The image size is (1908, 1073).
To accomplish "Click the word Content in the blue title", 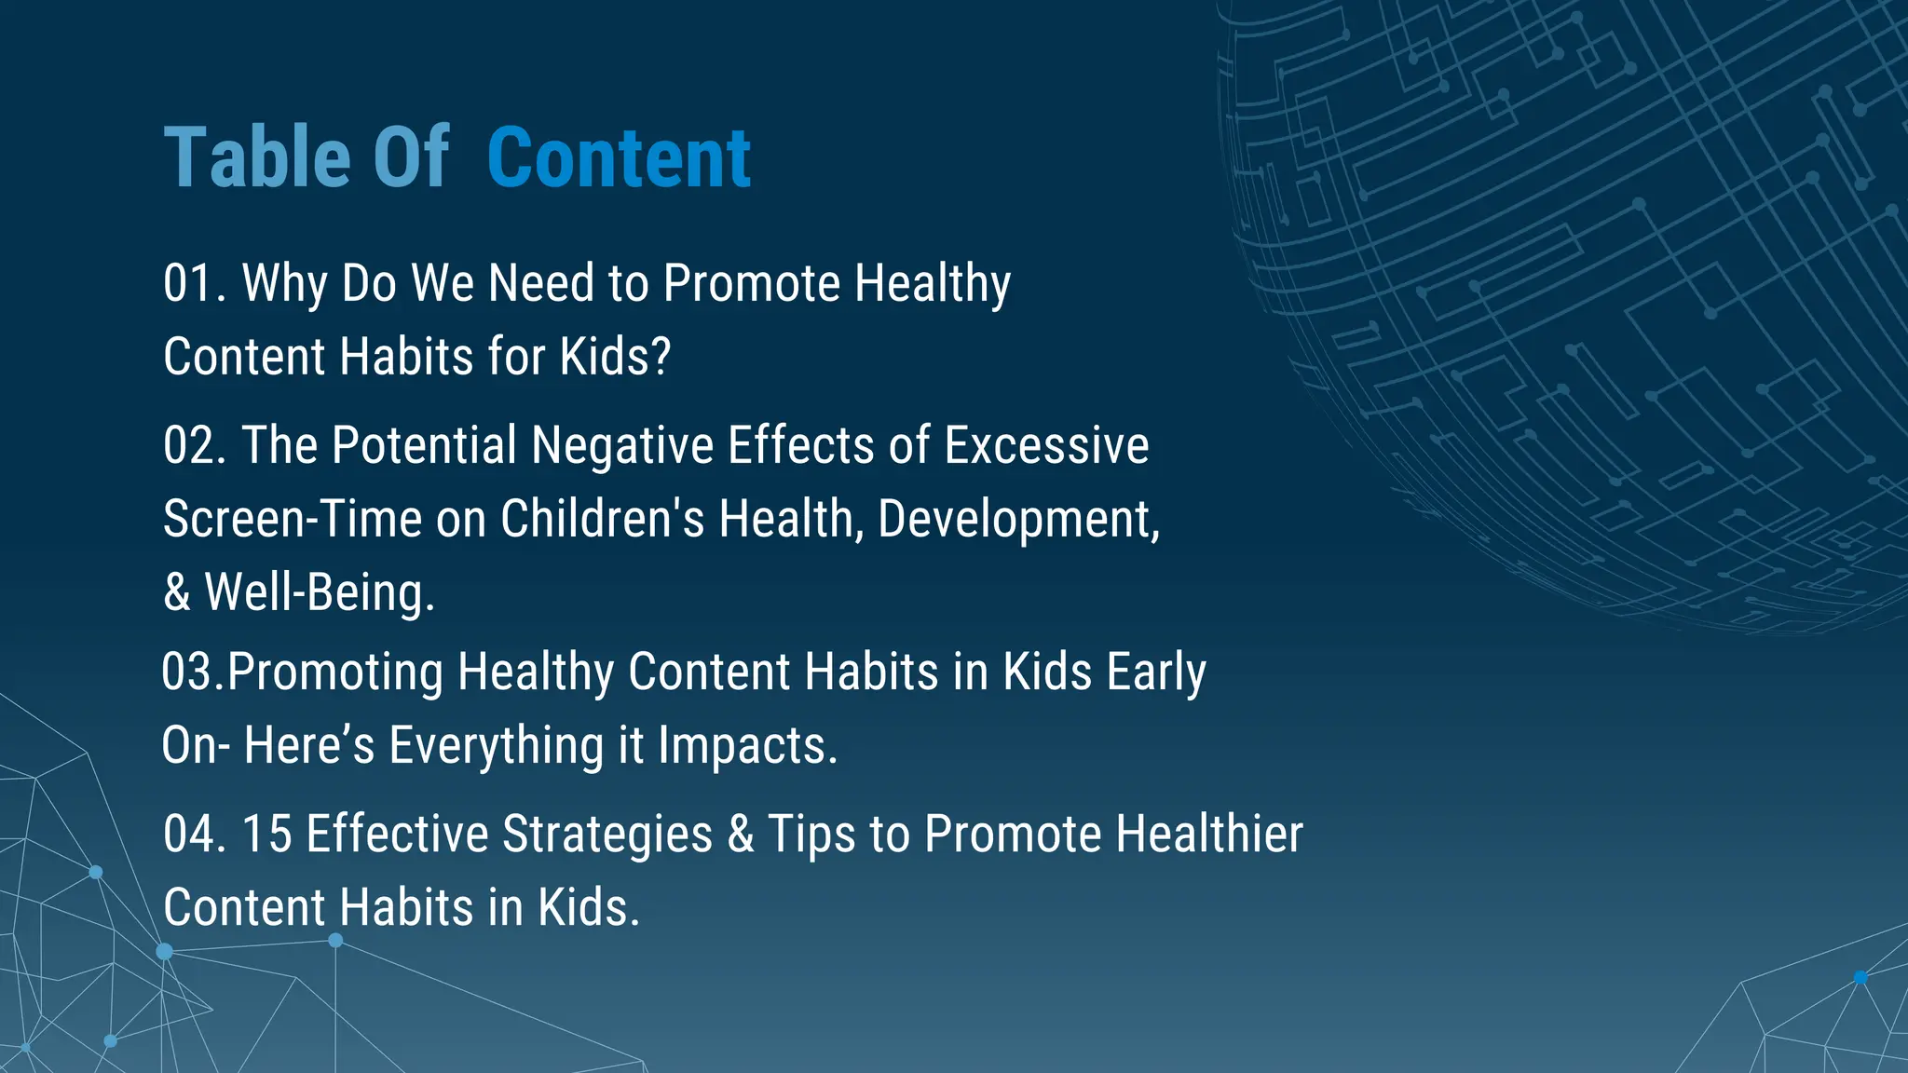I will click(x=619, y=157).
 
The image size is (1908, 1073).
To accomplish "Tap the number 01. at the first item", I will click(x=194, y=283).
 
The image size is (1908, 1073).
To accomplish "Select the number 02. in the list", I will click(x=194, y=445).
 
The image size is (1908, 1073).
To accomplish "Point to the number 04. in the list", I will click(x=194, y=834).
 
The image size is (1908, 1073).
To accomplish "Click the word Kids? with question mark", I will click(x=615, y=357).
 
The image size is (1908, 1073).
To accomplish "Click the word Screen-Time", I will click(x=293, y=519).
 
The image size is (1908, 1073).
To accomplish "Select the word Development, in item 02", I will click(x=1018, y=519).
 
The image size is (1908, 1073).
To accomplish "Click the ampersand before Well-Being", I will click(x=176, y=593).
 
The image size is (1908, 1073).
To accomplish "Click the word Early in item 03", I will click(x=1156, y=672).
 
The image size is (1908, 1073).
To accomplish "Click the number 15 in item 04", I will click(x=266, y=834).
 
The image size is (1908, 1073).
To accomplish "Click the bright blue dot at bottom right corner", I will click(x=1860, y=977).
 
